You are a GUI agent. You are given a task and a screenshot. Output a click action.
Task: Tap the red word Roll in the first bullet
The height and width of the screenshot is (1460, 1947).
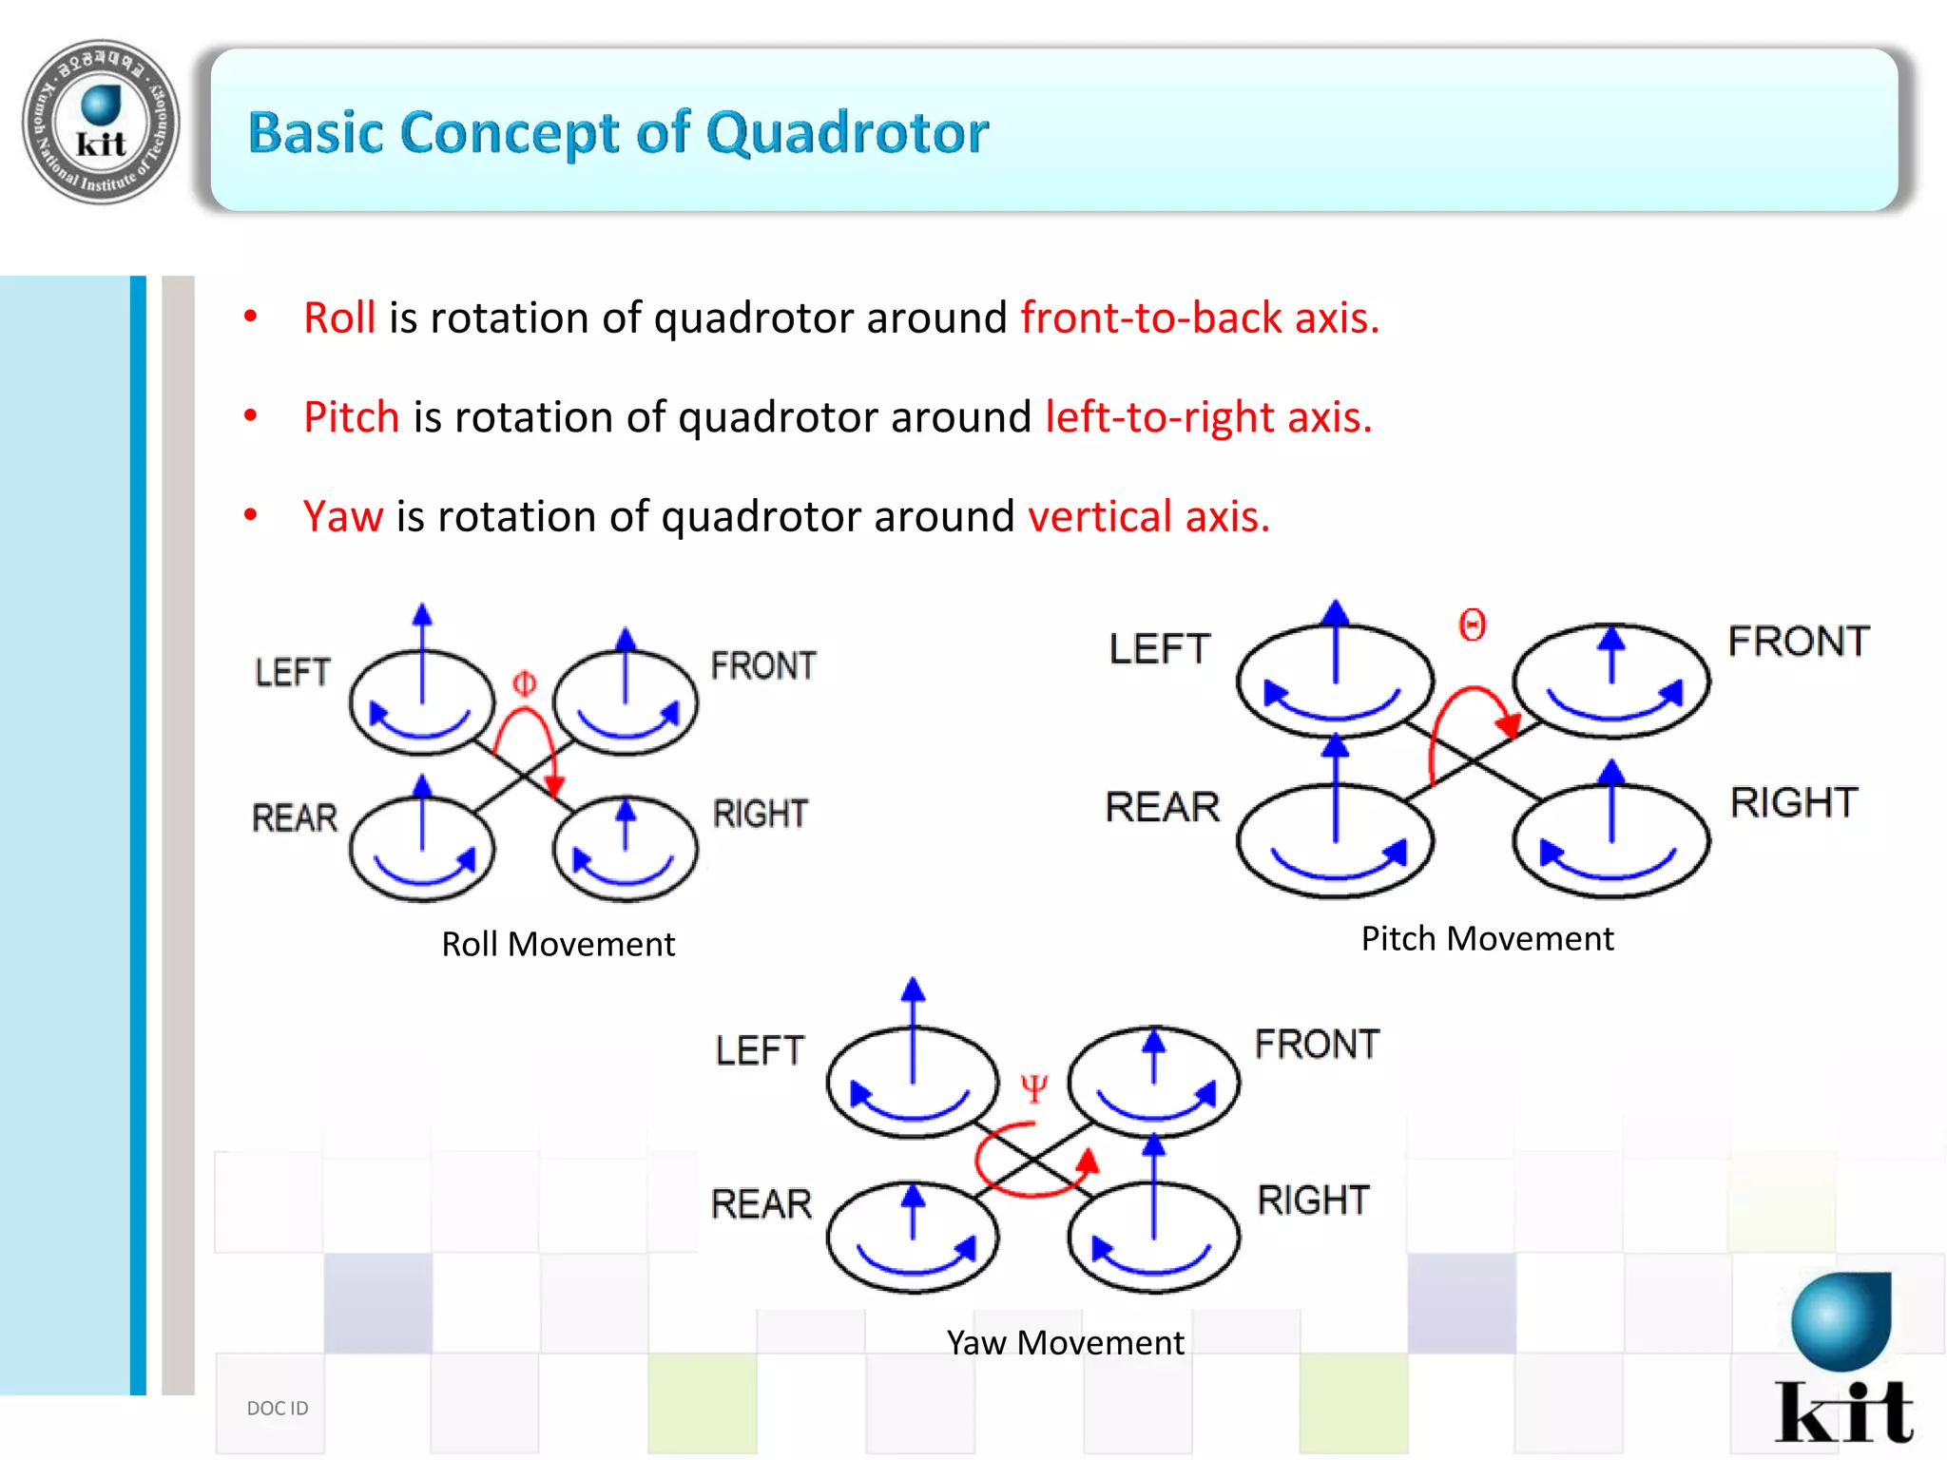click(338, 317)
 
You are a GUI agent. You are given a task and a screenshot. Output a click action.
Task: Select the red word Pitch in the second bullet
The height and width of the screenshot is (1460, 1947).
click(351, 417)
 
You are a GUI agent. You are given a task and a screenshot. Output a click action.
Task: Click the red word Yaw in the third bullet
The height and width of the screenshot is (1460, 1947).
click(342, 517)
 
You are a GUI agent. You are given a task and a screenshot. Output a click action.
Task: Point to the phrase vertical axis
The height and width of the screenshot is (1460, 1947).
click(1148, 517)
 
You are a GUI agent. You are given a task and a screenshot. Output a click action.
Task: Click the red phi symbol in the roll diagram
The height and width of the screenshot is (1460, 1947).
click(524, 683)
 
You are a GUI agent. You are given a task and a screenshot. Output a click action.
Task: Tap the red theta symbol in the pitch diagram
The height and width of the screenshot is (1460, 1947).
click(1472, 625)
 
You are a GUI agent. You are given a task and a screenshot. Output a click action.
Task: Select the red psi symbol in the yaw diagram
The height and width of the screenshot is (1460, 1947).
click(1033, 1087)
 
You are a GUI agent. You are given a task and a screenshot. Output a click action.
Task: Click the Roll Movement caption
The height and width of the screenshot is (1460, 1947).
click(558, 944)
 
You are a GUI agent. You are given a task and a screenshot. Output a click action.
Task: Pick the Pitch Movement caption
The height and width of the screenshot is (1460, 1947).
click(1487, 938)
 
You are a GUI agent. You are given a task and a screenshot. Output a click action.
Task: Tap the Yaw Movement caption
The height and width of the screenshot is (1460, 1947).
click(1065, 1342)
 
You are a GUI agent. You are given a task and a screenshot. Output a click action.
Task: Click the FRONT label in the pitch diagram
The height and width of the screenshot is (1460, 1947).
click(1798, 641)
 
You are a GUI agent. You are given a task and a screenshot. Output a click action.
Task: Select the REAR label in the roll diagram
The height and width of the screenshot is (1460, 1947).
click(295, 817)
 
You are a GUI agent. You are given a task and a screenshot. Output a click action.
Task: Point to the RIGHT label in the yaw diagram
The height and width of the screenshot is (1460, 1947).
click(1313, 1200)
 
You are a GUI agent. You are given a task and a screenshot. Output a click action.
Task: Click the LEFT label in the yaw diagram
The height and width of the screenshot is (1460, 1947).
click(760, 1050)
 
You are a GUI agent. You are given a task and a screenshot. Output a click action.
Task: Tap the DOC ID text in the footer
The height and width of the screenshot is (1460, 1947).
click(278, 1408)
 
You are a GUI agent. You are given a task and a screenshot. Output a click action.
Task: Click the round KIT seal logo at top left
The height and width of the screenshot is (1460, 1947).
click(101, 122)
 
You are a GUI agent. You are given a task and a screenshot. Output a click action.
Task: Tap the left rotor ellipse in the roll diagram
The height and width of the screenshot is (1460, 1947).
click(422, 702)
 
